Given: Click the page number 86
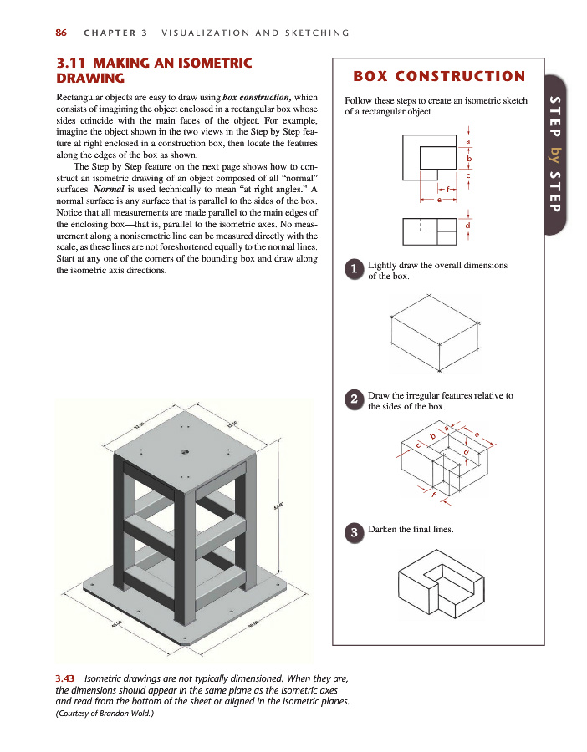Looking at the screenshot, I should [61, 33].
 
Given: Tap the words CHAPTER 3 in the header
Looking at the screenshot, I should [115, 33].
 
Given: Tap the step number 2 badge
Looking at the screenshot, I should [355, 399].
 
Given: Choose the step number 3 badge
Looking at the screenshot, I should [355, 531].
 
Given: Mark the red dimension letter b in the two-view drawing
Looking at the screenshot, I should [468, 158].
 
